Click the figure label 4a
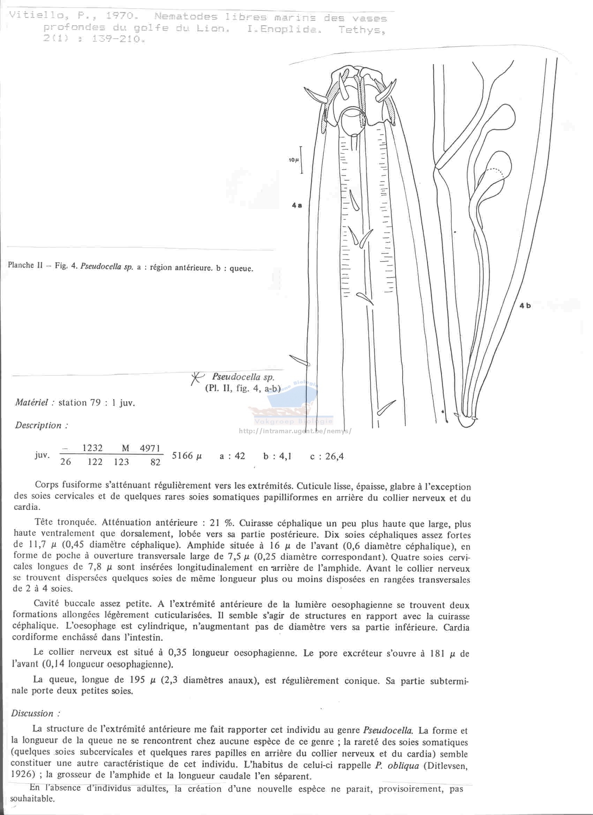pyautogui.click(x=297, y=205)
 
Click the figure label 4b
pyautogui.click(x=525, y=305)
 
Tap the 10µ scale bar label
pyautogui.click(x=294, y=160)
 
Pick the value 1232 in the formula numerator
pyautogui.click(x=92, y=448)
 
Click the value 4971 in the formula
pyautogui.click(x=150, y=448)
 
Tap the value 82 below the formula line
pyautogui.click(x=156, y=462)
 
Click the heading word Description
pyautogui.click(x=38, y=426)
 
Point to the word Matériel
pyautogui.click(x=31, y=403)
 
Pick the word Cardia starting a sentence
pyautogui.click(x=456, y=627)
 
